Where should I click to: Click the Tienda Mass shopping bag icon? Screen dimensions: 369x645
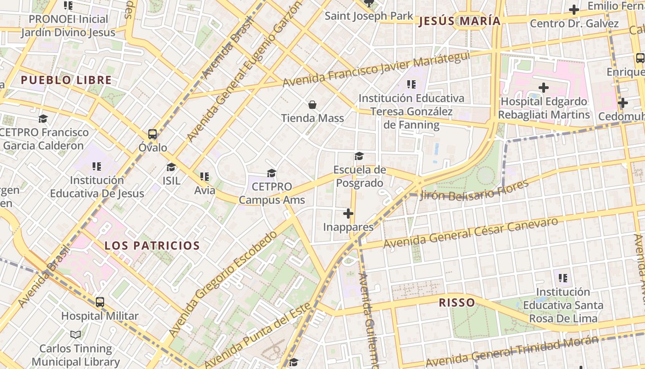point(312,105)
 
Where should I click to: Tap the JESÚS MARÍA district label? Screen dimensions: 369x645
point(459,21)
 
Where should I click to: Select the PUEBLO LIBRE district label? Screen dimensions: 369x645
point(66,80)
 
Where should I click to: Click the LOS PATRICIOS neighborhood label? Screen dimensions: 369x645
point(152,245)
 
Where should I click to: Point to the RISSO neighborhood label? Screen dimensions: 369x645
point(457,303)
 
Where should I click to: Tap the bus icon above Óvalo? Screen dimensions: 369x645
point(152,134)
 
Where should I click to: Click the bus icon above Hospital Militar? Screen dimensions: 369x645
point(100,303)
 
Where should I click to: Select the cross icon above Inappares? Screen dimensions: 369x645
point(348,214)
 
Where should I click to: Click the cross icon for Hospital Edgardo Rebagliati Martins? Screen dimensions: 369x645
point(544,87)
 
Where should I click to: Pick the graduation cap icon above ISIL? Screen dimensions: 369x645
point(171,167)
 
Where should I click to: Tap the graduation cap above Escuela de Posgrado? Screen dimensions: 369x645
point(359,156)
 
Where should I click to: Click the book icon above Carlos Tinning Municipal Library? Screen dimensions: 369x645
point(76,334)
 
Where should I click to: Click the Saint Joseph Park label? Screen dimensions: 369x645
point(369,16)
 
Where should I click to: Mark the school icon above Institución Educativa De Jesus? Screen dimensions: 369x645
point(97,166)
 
